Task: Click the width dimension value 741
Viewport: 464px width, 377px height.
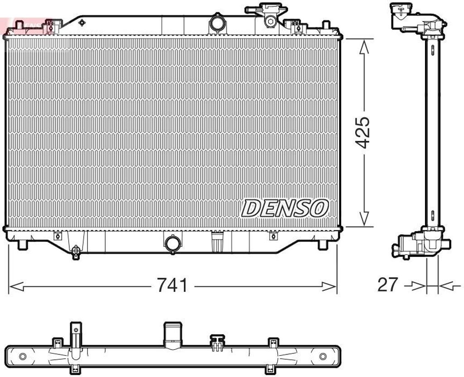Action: click(x=172, y=285)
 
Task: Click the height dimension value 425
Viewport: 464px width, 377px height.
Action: click(x=362, y=132)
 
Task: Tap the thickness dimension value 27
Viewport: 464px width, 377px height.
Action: click(x=387, y=285)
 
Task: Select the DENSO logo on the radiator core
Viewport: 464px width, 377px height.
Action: click(x=284, y=208)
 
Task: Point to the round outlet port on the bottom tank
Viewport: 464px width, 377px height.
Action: click(x=173, y=243)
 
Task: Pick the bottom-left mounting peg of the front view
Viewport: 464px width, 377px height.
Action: click(x=22, y=245)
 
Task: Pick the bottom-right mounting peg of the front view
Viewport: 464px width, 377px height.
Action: click(x=322, y=245)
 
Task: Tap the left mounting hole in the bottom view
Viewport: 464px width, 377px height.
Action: click(x=22, y=356)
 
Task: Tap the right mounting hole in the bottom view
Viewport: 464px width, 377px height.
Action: click(x=323, y=356)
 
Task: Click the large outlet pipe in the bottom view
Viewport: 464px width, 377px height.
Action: click(x=173, y=335)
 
